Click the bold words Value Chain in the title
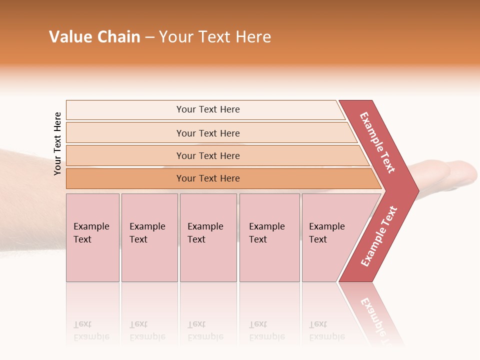coord(94,37)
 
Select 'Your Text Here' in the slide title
coord(215,37)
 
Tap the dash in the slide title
coord(149,37)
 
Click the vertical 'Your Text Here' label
coord(57,143)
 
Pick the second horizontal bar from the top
coord(208,133)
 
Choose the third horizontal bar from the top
coord(208,155)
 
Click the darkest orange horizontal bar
coord(208,178)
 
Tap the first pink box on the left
coord(92,237)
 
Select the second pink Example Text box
coord(149,237)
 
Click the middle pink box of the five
coord(208,237)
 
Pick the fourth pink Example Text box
coord(269,237)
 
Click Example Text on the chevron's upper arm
coord(378,143)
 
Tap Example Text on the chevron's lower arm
coord(379,236)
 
